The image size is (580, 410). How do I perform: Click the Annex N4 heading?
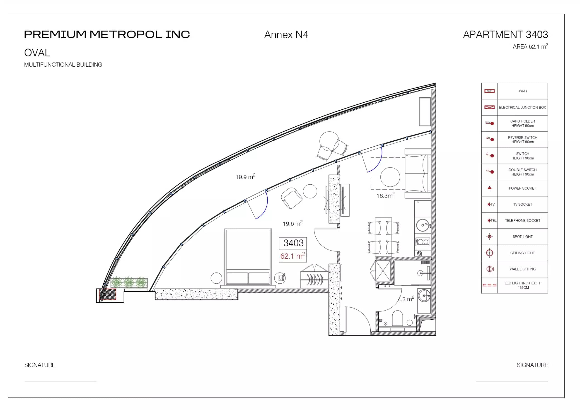coord(286,35)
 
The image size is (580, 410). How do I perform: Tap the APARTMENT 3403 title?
coord(505,34)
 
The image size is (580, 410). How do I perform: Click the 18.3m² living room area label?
coord(385,195)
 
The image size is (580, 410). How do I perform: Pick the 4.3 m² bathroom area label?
coord(406,299)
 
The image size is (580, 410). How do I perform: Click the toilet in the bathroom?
coord(397,318)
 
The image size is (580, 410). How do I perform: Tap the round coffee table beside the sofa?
coord(390,177)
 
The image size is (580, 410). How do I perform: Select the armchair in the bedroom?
coord(292,198)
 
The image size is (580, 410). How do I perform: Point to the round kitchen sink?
coord(423,225)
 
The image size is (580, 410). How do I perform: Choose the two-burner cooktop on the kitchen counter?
coord(423,242)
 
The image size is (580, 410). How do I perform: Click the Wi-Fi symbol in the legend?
coord(489,91)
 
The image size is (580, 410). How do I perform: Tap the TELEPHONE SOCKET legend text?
coord(522,221)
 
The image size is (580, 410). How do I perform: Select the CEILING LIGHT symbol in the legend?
coord(489,253)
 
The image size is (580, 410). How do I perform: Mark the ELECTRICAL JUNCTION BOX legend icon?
coord(489,107)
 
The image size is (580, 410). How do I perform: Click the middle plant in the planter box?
coord(129,282)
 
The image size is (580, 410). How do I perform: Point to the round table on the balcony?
coord(329,141)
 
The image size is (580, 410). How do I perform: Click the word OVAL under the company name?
coord(37,53)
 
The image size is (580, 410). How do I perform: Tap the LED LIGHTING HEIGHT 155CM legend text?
coord(523,285)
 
